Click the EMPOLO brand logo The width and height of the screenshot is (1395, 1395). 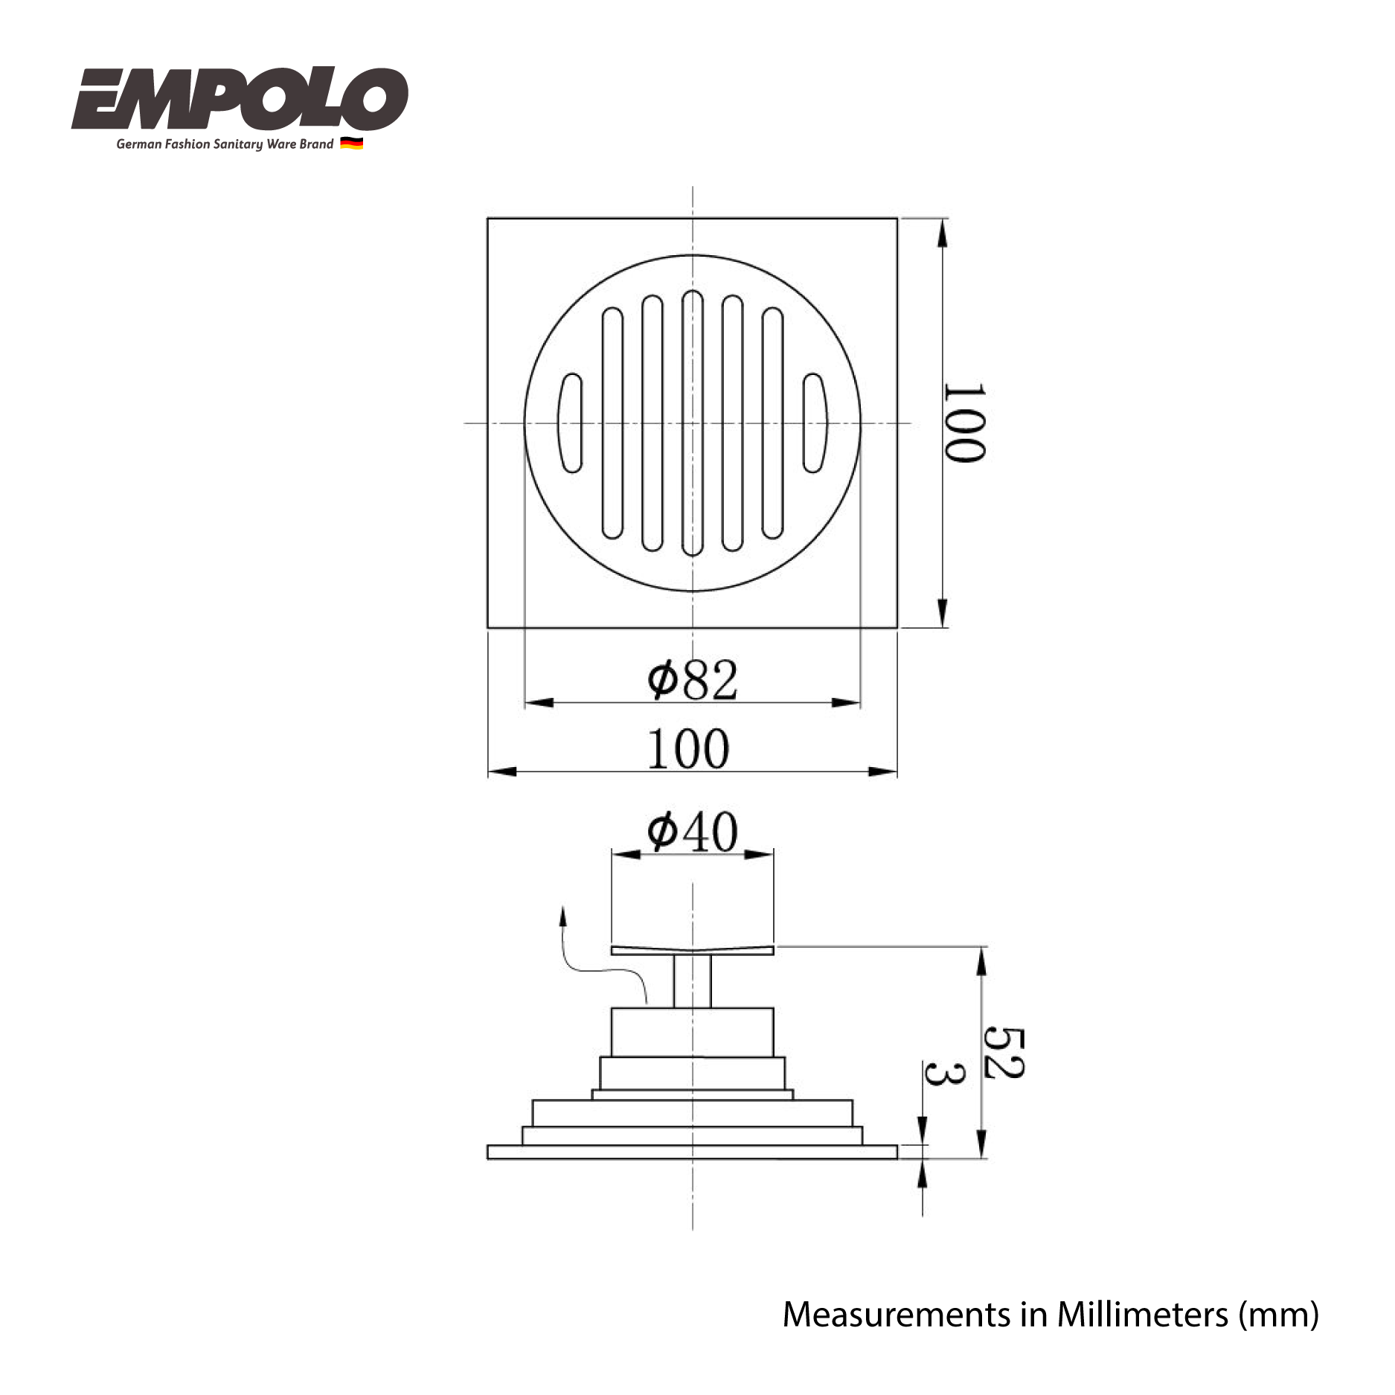coord(240,99)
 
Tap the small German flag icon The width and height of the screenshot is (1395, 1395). coord(351,144)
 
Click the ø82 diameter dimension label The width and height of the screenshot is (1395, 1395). coord(692,679)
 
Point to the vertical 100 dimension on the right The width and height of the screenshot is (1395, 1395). coord(964,423)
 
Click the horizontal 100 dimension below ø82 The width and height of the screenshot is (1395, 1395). coord(688,748)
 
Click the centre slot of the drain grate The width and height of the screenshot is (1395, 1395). coord(693,423)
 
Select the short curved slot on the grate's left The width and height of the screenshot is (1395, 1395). coord(571,423)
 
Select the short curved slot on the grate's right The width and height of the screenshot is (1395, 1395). coord(814,423)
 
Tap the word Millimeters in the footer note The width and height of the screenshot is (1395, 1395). coord(1142,1315)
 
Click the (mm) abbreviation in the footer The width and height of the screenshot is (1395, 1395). coord(1278,1315)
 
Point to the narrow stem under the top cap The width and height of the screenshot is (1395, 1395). coord(692,981)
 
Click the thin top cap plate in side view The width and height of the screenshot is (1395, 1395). coord(692,951)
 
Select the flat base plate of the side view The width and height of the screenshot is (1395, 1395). coord(692,1152)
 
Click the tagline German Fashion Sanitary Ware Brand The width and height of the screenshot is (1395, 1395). coord(225,144)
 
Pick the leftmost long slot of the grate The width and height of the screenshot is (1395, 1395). coord(612,423)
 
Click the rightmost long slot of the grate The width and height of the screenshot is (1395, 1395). coord(772,423)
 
